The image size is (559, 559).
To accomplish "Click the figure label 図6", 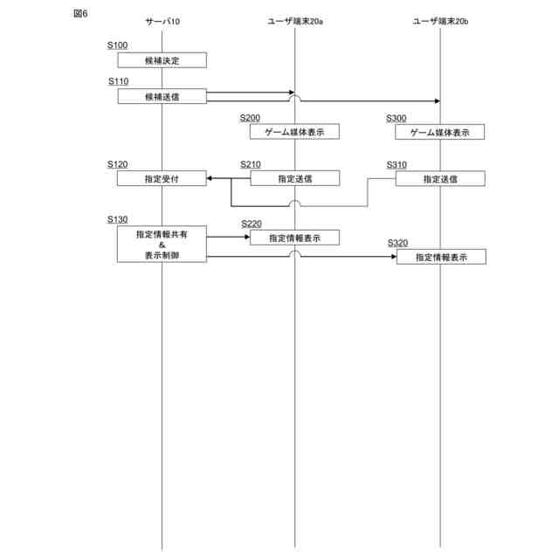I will click(x=80, y=15).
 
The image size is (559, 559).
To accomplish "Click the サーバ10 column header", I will click(x=162, y=20).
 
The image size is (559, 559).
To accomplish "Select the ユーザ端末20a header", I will click(x=295, y=20).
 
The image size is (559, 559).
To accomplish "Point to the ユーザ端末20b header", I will click(x=440, y=20).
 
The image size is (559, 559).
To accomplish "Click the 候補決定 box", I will click(x=162, y=60).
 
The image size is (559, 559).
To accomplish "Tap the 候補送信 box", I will click(x=162, y=96).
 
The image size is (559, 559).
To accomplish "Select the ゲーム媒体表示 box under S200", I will click(x=295, y=132).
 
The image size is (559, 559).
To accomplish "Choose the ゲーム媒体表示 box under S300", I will click(x=440, y=132).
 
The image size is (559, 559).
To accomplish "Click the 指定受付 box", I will click(x=162, y=178).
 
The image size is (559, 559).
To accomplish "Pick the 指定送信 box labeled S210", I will click(x=295, y=178).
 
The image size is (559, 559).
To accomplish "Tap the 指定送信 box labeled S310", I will click(x=440, y=178).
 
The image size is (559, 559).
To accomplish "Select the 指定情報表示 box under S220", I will click(x=295, y=238).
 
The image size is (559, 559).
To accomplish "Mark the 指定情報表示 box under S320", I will click(x=440, y=257).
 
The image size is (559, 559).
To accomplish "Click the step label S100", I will click(x=117, y=45).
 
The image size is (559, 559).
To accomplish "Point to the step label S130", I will click(x=117, y=218).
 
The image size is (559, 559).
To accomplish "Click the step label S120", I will click(x=117, y=163).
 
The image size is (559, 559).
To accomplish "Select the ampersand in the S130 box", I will click(x=162, y=245).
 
